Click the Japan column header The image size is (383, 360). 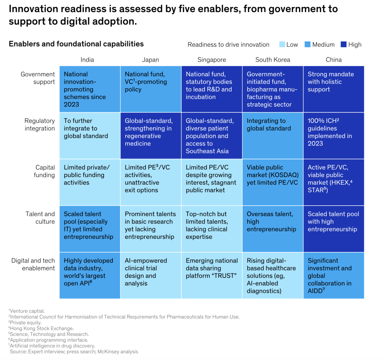tap(150, 60)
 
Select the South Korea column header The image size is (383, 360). tap(273, 60)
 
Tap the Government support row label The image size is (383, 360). tap(38, 78)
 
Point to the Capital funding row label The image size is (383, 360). tap(45, 171)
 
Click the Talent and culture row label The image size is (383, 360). tap(40, 218)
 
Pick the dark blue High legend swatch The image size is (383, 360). tap(343, 44)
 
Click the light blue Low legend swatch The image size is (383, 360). tap(282, 44)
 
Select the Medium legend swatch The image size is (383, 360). tap(307, 44)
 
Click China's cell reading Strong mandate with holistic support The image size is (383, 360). tap(333, 89)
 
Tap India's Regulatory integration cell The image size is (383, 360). tap(90, 135)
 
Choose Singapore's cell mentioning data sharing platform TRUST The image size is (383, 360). tap(212, 275)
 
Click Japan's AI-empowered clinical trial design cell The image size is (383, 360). tap(151, 275)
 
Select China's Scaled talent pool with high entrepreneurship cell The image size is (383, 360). tap(333, 229)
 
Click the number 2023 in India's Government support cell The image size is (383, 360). tap(72, 105)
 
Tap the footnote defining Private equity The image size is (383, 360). tap(26, 322)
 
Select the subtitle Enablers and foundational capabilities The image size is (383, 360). tap(76, 44)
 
